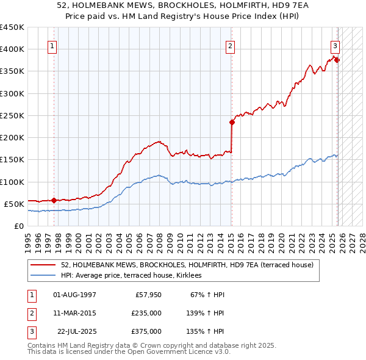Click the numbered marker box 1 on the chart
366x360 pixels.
click(52, 45)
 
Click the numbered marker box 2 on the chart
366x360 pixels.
click(230, 45)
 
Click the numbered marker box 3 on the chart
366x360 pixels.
click(335, 45)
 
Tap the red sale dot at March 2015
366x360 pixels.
click(232, 122)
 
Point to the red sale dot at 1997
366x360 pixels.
click(54, 200)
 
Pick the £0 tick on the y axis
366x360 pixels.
click(18, 226)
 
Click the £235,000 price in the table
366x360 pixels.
click(146, 313)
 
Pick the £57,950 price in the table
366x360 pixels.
click(148, 295)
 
